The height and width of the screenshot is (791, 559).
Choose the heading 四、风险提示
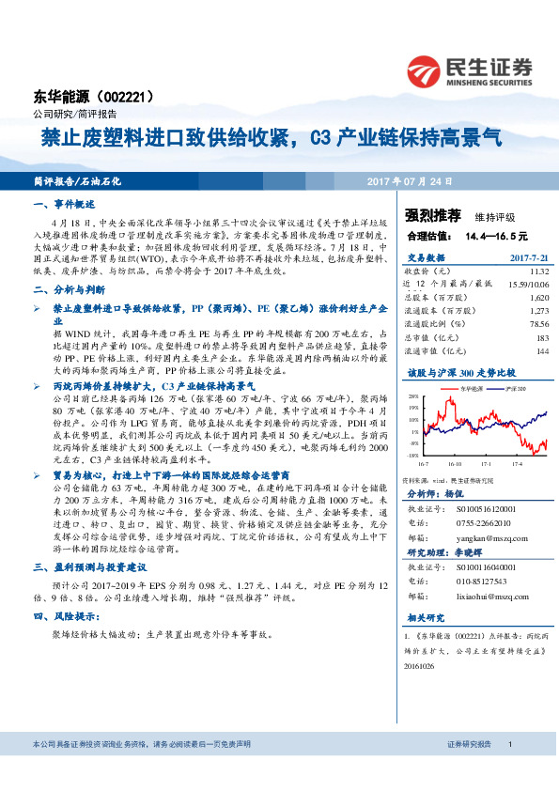pos(67,616)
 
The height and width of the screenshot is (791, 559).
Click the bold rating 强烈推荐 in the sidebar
pos(426,214)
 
